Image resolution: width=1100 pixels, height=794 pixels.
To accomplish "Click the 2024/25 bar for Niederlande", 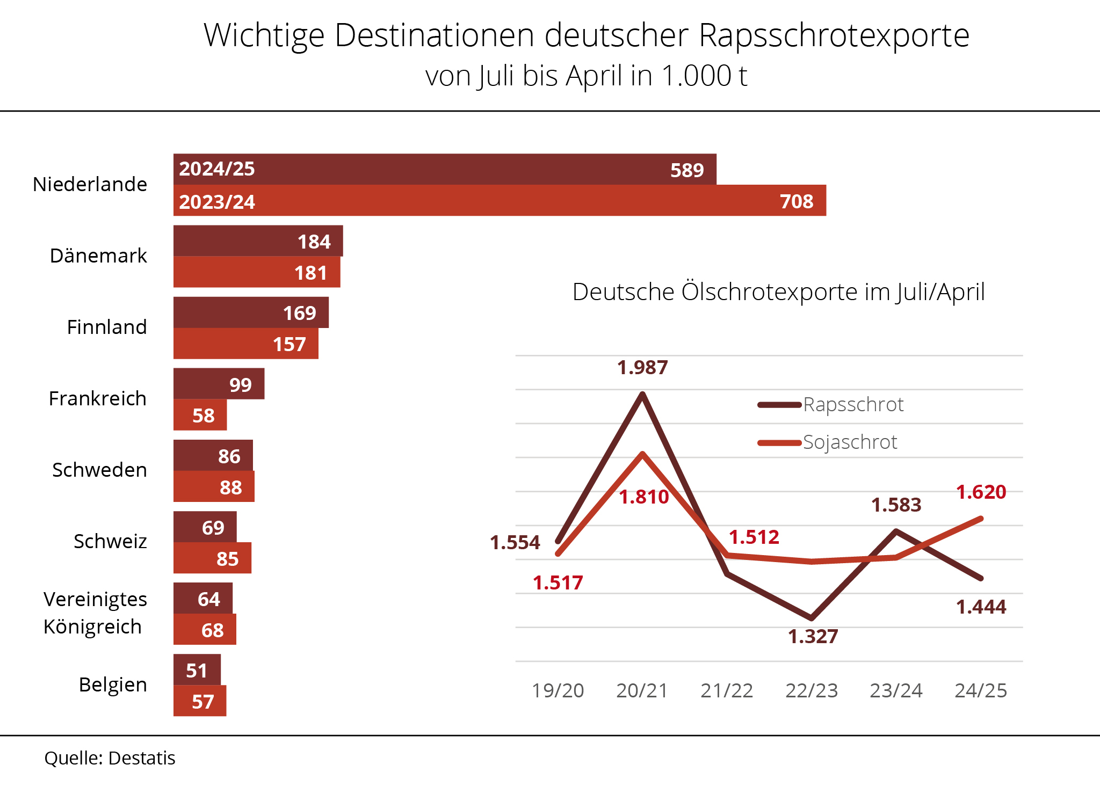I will point(445,169).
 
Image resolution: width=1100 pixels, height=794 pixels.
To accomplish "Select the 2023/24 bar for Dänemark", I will point(257,272).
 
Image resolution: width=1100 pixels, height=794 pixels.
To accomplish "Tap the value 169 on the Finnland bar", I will point(300,313).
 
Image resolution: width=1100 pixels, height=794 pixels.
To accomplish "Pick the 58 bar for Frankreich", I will point(200,415).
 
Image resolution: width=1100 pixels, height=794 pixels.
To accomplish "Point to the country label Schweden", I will point(99,470).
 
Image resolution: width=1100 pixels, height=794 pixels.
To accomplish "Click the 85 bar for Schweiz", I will point(212,558).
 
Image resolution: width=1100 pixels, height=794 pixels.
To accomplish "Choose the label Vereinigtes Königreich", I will point(95,613).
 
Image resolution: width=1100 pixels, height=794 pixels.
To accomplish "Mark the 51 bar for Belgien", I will point(197,670).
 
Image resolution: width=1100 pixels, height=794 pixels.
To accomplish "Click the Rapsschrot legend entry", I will point(831,405).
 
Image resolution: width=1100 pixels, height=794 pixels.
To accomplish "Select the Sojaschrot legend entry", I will point(828,442).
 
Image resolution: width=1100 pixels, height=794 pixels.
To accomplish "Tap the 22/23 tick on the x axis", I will point(812,690).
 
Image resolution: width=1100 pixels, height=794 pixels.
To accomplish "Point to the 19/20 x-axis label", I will point(558,690).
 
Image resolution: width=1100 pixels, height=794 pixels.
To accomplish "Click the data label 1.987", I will point(642,368).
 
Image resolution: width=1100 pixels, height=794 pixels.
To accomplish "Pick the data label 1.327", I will point(813,637).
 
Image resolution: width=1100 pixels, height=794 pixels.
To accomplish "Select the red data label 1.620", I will point(981,492).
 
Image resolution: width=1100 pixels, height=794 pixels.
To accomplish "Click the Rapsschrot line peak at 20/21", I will point(642,394).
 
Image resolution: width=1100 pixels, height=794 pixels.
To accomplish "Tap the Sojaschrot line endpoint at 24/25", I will point(981,519).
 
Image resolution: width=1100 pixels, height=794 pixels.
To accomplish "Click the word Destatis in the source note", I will point(142,758).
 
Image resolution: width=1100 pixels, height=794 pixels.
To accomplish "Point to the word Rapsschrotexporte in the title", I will point(834,35).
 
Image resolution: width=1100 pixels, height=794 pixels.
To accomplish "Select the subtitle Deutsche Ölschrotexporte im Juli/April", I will point(778,292).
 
